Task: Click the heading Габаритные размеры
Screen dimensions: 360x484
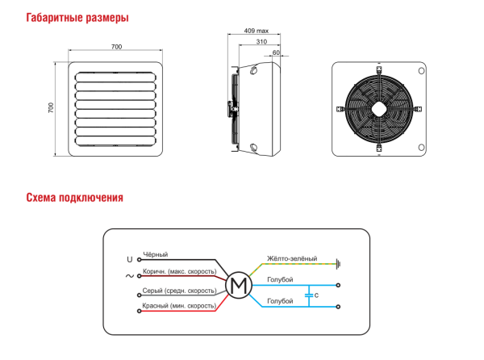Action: [x=77, y=18]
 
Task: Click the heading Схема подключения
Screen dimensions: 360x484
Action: [x=74, y=198]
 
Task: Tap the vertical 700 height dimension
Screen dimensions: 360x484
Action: [x=51, y=107]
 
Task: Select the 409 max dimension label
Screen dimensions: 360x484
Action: [x=256, y=31]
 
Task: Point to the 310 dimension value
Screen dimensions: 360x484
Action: [x=261, y=42]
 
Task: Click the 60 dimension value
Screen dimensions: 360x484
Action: [x=277, y=52]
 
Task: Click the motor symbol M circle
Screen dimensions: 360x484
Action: [x=238, y=285]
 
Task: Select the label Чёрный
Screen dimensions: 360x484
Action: [x=154, y=254]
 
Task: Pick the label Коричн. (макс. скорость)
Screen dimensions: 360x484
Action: [x=179, y=271]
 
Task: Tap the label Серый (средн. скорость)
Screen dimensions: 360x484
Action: [x=179, y=290]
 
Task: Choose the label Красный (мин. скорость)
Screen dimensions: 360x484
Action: [x=179, y=306]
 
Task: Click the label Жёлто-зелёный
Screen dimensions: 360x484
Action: [x=291, y=257]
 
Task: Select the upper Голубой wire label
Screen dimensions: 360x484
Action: [x=279, y=279]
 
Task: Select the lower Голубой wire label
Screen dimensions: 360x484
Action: [x=279, y=301]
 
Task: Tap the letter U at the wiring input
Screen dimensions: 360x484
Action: [x=129, y=260]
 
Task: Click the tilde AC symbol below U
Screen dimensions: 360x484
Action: [x=129, y=276]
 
